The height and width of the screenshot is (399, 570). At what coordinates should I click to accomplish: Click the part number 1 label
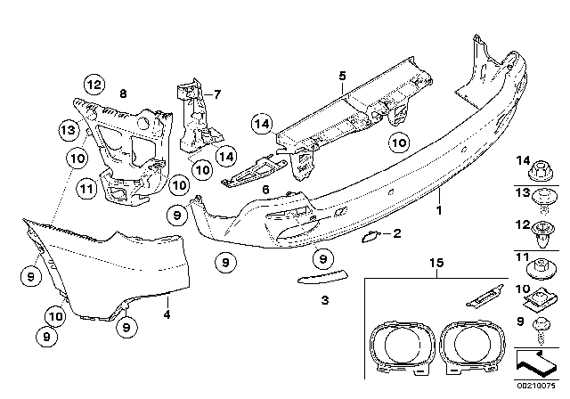click(x=439, y=212)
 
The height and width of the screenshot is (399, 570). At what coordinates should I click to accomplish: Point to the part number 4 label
click(x=167, y=314)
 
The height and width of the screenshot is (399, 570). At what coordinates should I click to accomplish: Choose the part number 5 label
click(x=341, y=77)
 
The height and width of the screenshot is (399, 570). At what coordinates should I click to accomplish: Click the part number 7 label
click(x=215, y=92)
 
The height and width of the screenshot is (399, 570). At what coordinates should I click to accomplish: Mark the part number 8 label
click(x=123, y=92)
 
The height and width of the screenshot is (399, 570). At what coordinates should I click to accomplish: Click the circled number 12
click(x=94, y=85)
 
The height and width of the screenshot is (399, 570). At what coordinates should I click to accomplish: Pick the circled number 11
click(x=85, y=188)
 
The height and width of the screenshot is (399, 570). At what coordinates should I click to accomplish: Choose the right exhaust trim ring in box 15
click(x=473, y=346)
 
